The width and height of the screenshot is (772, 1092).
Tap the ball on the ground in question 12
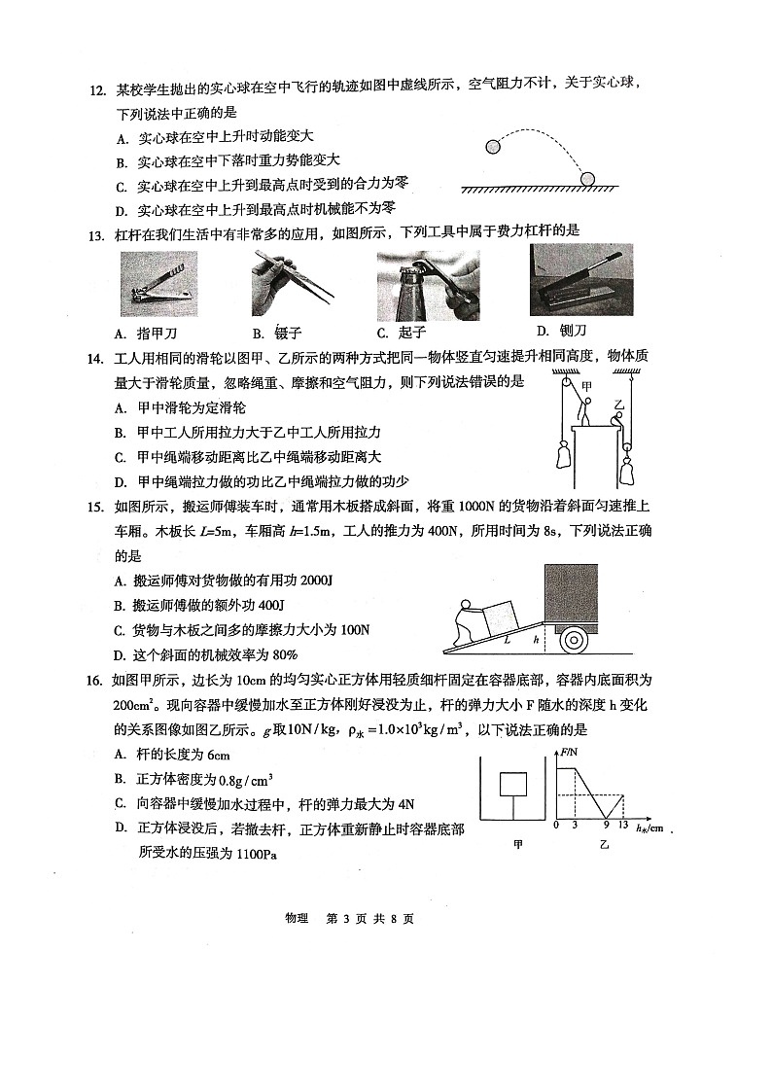tap(589, 178)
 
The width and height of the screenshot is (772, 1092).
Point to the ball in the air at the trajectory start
tap(493, 148)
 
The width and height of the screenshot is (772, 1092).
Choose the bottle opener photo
tap(428, 285)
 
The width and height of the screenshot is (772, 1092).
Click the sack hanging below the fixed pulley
tap(562, 455)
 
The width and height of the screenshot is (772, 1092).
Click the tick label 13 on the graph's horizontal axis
tap(623, 827)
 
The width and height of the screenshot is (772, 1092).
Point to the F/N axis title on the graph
tap(570, 754)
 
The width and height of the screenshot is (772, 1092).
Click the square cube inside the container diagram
tap(512, 784)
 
